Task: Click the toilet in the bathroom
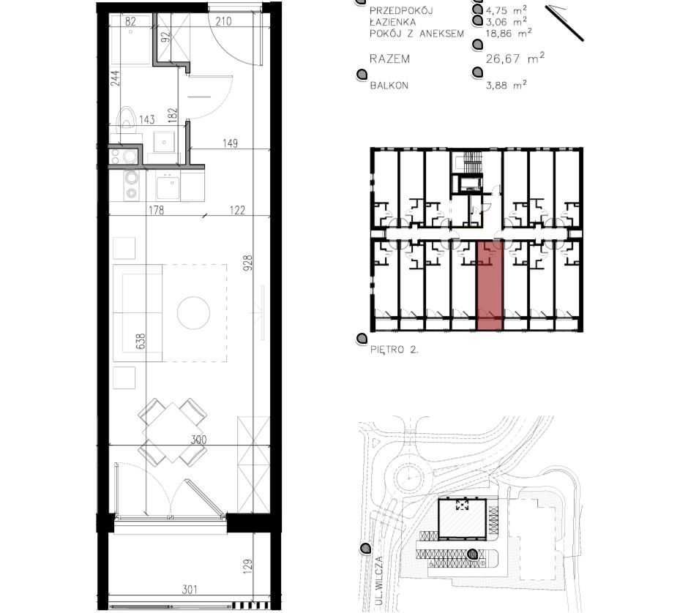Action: pos(127,119)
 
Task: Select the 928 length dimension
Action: pos(247,263)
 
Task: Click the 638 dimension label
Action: pos(141,341)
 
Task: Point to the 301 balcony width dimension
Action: pos(190,589)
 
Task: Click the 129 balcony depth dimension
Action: pos(247,567)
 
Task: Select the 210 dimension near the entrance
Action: pos(223,20)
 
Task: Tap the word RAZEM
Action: pos(389,59)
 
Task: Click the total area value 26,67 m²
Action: pos(515,58)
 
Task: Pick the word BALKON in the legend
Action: pos(389,86)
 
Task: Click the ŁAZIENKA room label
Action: pos(392,21)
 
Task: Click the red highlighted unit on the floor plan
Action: pos(490,285)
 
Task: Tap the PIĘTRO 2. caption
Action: pos(394,349)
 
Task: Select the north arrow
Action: pos(564,23)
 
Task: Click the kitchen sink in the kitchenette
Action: pos(167,186)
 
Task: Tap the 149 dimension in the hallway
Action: pos(230,143)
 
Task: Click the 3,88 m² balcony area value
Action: pos(506,85)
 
